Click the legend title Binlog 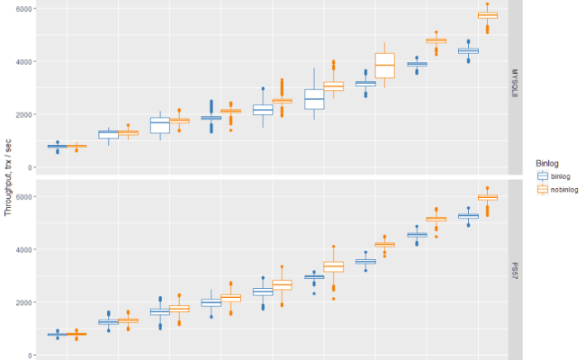pyautogui.click(x=548, y=163)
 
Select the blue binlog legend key pyautogui.click(x=542, y=176)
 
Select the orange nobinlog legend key pyautogui.click(x=542, y=190)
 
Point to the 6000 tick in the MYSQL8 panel pyautogui.click(x=22, y=9)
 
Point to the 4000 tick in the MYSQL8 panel pyautogui.click(x=22, y=62)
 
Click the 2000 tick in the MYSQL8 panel pyautogui.click(x=22, y=114)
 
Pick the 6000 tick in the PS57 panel pyautogui.click(x=22, y=196)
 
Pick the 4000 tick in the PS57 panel pyautogui.click(x=22, y=249)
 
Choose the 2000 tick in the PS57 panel pyautogui.click(x=22, y=302)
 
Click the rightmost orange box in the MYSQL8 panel pyautogui.click(x=488, y=15)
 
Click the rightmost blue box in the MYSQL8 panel pyautogui.click(x=468, y=50)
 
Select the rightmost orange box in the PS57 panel pyautogui.click(x=488, y=197)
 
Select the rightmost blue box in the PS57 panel pyautogui.click(x=468, y=216)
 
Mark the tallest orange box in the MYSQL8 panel pyautogui.click(x=385, y=66)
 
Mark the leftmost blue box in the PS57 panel pyautogui.click(x=58, y=335)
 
